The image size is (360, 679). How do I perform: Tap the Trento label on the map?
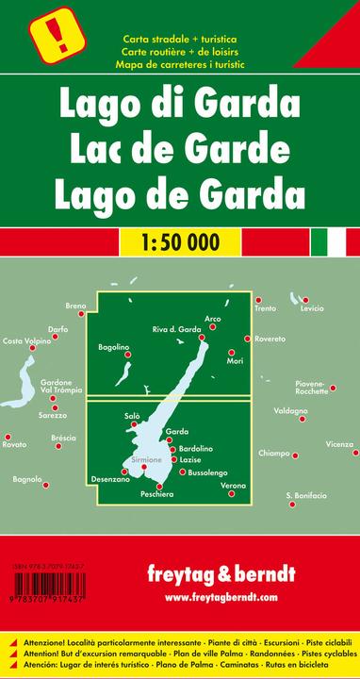[x=265, y=309]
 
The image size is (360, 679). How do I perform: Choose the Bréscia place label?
[x=38, y=439]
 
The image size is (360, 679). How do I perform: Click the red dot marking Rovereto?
[x=247, y=339]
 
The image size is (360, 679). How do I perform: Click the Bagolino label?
[x=114, y=348]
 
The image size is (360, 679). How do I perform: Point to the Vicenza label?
[x=340, y=443]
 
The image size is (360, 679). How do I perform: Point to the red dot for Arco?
[x=218, y=326]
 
